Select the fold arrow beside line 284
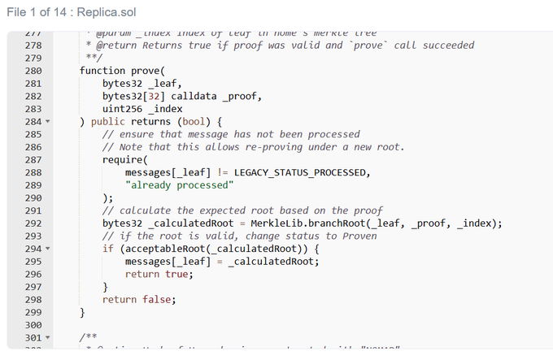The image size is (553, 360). (47, 122)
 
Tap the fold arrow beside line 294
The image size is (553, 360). (47, 248)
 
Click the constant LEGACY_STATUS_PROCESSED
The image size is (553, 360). (301, 172)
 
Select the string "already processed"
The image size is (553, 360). (179, 184)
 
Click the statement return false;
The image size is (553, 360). (139, 298)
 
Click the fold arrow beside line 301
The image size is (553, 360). (47, 336)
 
